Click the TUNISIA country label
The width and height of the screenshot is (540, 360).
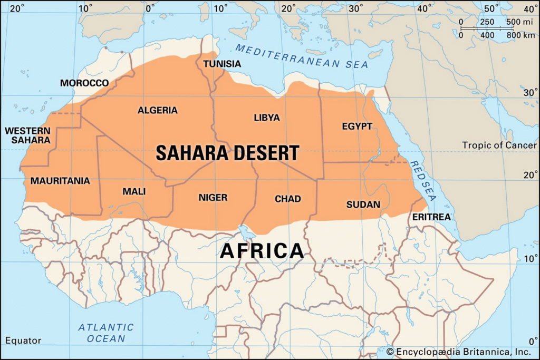pyautogui.click(x=222, y=64)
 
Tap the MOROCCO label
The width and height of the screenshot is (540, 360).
pyautogui.click(x=84, y=83)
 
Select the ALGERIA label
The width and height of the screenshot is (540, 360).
pyautogui.click(x=158, y=111)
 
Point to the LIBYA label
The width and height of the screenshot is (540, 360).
pyautogui.click(x=267, y=118)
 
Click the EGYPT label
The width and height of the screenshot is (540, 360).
pyautogui.click(x=357, y=127)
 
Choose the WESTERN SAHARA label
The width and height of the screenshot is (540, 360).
pyautogui.click(x=28, y=135)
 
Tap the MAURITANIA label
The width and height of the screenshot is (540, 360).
pyautogui.click(x=60, y=181)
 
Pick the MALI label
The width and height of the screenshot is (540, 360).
pyautogui.click(x=134, y=191)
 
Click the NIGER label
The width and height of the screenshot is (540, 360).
pyautogui.click(x=213, y=198)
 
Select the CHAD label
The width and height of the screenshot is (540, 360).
pyautogui.click(x=288, y=199)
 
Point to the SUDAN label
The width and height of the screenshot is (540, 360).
pyautogui.click(x=363, y=204)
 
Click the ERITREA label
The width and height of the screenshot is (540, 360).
pyautogui.click(x=431, y=217)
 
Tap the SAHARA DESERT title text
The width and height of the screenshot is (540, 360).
pyautogui.click(x=227, y=153)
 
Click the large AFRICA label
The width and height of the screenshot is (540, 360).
pyautogui.click(x=262, y=250)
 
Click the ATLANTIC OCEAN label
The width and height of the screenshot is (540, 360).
pyautogui.click(x=106, y=333)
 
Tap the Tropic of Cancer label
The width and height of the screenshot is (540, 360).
pyautogui.click(x=499, y=145)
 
